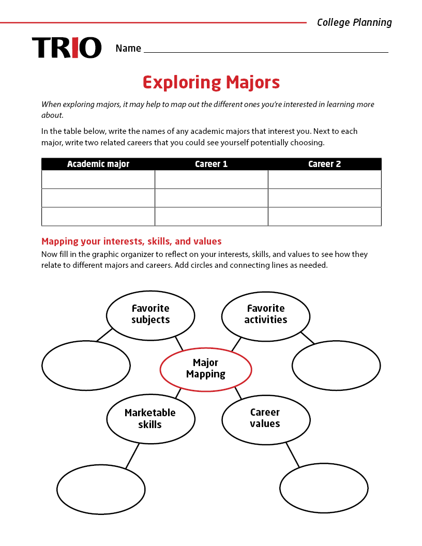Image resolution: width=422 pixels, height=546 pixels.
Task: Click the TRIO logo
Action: click(x=67, y=48)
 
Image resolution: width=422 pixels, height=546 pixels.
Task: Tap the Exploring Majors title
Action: click(x=211, y=83)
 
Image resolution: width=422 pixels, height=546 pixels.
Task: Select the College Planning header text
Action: click(x=354, y=22)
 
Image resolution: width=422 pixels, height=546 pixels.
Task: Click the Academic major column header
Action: click(x=98, y=164)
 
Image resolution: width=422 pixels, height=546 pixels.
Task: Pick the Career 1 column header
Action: click(x=211, y=164)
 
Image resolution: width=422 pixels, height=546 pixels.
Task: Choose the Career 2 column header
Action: click(x=324, y=164)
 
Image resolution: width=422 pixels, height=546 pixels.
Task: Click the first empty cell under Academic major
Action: click(x=98, y=179)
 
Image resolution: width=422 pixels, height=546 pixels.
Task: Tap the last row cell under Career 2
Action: click(x=324, y=217)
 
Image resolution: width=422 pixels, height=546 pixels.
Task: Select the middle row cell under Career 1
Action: click(x=211, y=198)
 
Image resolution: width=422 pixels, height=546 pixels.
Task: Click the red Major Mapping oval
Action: click(x=206, y=369)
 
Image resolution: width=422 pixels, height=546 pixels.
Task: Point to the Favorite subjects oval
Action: click(x=150, y=314)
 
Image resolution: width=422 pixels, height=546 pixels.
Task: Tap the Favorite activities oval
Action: click(x=266, y=314)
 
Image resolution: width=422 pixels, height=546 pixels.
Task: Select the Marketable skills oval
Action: click(x=150, y=419)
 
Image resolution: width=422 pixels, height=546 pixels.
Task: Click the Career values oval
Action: click(x=266, y=418)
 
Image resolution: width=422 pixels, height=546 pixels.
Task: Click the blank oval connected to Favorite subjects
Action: click(x=86, y=365)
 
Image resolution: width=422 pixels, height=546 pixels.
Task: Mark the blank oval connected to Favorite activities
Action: click(x=336, y=365)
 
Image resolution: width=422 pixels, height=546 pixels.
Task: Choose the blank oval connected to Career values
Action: click(x=324, y=489)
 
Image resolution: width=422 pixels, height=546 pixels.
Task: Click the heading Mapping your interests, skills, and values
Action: click(x=131, y=241)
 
